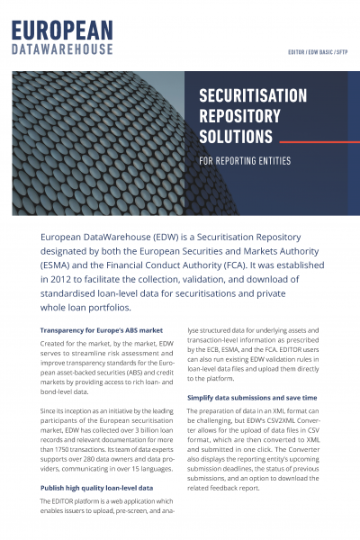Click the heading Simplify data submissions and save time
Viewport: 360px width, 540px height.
[x=251, y=396]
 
